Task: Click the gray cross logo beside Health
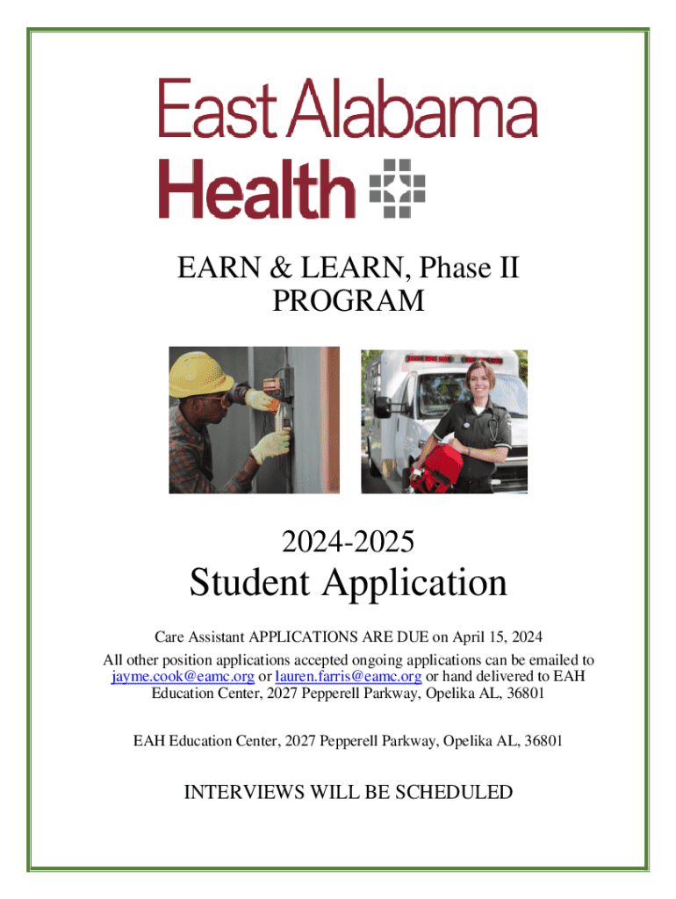[x=398, y=188]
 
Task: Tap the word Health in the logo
[x=257, y=189]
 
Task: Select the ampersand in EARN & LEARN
[x=280, y=268]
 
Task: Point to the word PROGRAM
[x=348, y=300]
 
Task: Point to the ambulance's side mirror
[x=382, y=407]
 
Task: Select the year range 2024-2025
[x=348, y=541]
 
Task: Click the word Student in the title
[x=249, y=582]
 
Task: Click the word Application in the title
[x=414, y=583]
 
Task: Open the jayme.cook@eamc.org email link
[x=183, y=677]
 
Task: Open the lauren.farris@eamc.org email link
[x=349, y=677]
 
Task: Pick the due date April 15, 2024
[x=497, y=637]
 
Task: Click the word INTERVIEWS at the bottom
[x=245, y=792]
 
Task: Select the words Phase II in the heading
[x=469, y=268]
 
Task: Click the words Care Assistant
[x=199, y=637]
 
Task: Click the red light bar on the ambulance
[x=453, y=359]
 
